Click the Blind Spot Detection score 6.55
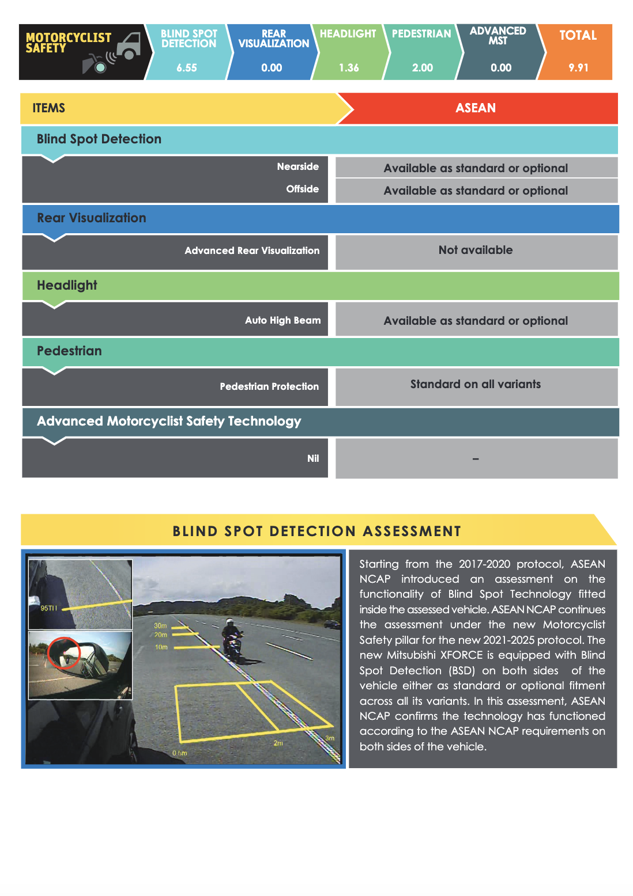click(187, 68)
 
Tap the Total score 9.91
click(578, 68)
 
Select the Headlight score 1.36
click(349, 68)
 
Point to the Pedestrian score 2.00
click(423, 68)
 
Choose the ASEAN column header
click(476, 108)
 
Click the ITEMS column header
click(49, 108)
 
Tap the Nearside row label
click(297, 166)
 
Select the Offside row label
click(302, 189)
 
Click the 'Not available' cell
click(476, 250)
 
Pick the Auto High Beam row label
click(282, 320)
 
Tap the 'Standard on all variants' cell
click(476, 384)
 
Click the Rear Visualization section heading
click(92, 218)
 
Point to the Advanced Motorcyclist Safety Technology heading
click(169, 422)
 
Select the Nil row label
click(313, 458)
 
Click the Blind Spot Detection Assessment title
click(316, 531)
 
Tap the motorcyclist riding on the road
click(232, 639)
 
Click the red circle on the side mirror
click(63, 652)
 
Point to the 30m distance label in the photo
click(160, 625)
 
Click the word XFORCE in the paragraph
click(461, 655)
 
